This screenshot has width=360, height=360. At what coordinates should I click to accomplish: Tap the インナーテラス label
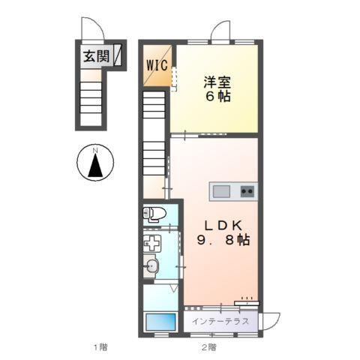pos(221,322)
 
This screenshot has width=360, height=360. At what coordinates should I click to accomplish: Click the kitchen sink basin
pos(222,191)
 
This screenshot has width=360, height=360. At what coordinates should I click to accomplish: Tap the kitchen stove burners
pos(247,191)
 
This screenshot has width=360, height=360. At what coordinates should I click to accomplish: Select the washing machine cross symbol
pos(152,244)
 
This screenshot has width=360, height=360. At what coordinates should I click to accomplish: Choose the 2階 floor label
pos(209,347)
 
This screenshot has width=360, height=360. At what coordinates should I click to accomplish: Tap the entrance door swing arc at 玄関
pos(91,31)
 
